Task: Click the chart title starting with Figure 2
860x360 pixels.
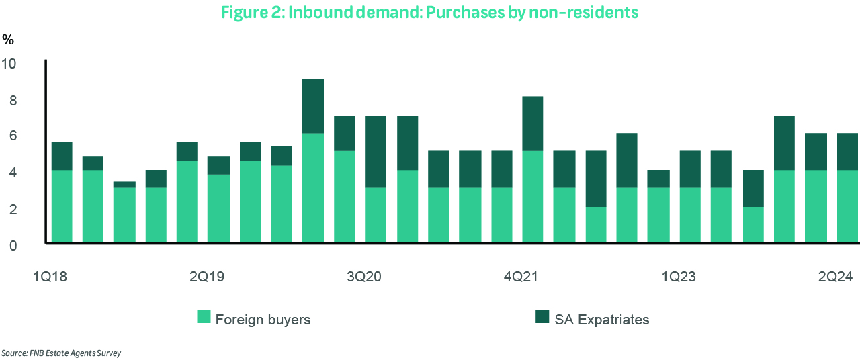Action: point(430,13)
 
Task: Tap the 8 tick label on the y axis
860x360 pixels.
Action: point(12,101)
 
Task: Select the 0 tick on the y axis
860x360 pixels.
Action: point(12,246)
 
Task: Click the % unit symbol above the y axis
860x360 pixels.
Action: point(8,40)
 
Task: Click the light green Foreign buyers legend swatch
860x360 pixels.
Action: point(204,317)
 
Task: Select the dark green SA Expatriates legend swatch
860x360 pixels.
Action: point(542,317)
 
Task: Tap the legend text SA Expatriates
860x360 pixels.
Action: point(602,320)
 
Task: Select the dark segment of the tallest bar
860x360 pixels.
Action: point(313,106)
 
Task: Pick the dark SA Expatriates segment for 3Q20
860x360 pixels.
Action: point(376,151)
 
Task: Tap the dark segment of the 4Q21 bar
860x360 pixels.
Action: point(533,124)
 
